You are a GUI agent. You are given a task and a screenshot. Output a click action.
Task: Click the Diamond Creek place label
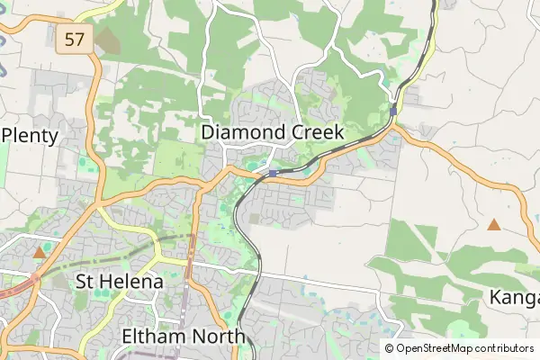(x=273, y=132)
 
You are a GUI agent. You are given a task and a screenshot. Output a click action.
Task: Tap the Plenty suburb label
(x=31, y=137)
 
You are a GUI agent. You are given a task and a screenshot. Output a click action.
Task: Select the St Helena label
(x=120, y=282)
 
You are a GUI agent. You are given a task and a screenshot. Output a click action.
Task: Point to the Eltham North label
(x=183, y=337)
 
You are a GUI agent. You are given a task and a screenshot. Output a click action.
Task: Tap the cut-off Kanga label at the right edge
(x=514, y=297)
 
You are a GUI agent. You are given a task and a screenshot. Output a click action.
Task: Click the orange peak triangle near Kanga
(x=493, y=224)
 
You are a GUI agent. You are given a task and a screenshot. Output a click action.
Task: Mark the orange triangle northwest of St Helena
(x=39, y=254)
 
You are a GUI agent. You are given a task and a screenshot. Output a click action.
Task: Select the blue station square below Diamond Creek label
(x=273, y=172)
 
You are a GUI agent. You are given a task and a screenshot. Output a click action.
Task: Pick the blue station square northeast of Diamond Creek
(x=394, y=111)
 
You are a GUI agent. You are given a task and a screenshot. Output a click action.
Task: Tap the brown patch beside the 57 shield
(x=106, y=40)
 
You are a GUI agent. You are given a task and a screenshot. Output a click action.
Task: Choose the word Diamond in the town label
(x=244, y=132)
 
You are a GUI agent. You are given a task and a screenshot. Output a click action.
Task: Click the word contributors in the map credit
(x=504, y=348)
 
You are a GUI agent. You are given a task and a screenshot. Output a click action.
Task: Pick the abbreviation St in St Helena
(x=86, y=282)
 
